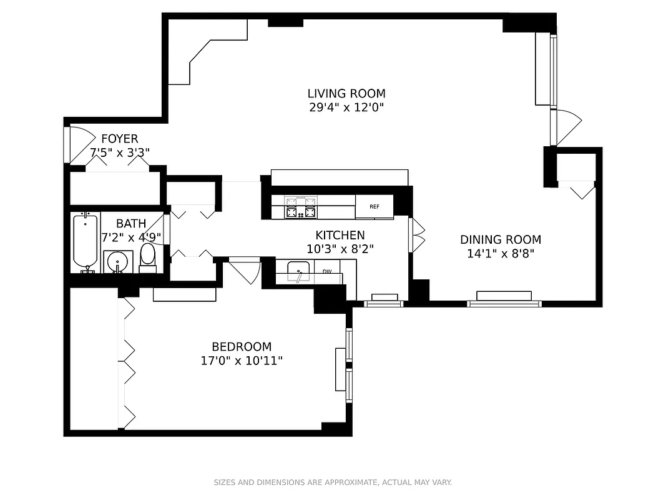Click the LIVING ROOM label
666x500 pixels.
[x=346, y=94]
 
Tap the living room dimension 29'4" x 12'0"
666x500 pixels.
[x=346, y=107]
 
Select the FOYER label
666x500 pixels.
[x=120, y=139]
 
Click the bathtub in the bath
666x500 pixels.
[x=86, y=241]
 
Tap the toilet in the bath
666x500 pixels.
[x=148, y=257]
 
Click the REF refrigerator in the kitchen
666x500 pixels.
[x=375, y=207]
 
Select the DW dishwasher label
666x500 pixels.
[x=327, y=272]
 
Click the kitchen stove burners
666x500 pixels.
[x=301, y=207]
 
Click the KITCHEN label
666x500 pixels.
[x=340, y=236]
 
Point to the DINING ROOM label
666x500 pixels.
[x=501, y=240]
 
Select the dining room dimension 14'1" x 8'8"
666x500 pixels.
[x=501, y=254]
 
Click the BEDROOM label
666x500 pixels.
[x=242, y=347]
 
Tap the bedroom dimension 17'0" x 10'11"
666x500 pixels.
[x=242, y=361]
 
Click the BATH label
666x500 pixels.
[x=131, y=224]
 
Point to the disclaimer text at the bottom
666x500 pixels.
[x=333, y=482]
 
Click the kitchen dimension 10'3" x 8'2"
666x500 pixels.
[x=340, y=249]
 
